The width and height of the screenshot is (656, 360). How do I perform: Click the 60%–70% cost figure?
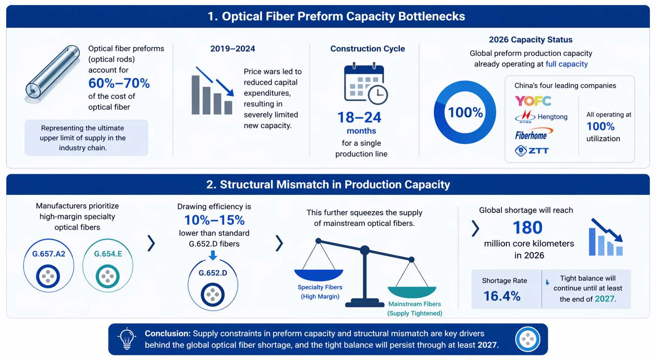pyautogui.click(x=119, y=83)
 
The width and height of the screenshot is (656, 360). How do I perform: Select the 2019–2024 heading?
pyautogui.click(x=232, y=49)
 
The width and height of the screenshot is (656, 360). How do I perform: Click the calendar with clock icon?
pyautogui.click(x=365, y=83)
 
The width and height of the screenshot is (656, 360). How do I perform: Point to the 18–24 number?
pyautogui.click(x=359, y=117)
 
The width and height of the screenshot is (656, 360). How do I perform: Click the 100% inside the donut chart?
pyautogui.click(x=465, y=113)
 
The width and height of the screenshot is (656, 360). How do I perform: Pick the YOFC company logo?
pyautogui.click(x=533, y=101)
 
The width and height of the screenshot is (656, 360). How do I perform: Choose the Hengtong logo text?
pyautogui.click(x=552, y=117)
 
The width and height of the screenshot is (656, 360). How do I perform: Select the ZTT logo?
pyautogui.click(x=532, y=150)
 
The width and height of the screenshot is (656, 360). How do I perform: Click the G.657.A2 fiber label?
pyautogui.click(x=49, y=254)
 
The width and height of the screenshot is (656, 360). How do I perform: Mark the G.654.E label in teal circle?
pyautogui.click(x=108, y=254)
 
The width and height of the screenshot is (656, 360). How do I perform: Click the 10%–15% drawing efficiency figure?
pyautogui.click(x=214, y=220)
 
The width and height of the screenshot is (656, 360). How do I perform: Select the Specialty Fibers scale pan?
pyautogui.click(x=319, y=274)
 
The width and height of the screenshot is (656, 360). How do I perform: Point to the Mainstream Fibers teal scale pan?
pyautogui.click(x=412, y=291)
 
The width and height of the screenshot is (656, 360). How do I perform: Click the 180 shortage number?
pyautogui.click(x=527, y=227)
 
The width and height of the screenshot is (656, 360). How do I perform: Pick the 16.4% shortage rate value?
pyautogui.click(x=502, y=296)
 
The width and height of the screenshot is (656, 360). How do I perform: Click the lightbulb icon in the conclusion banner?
pyautogui.click(x=127, y=338)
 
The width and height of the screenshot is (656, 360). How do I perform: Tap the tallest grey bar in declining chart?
pyautogui.click(x=196, y=95)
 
